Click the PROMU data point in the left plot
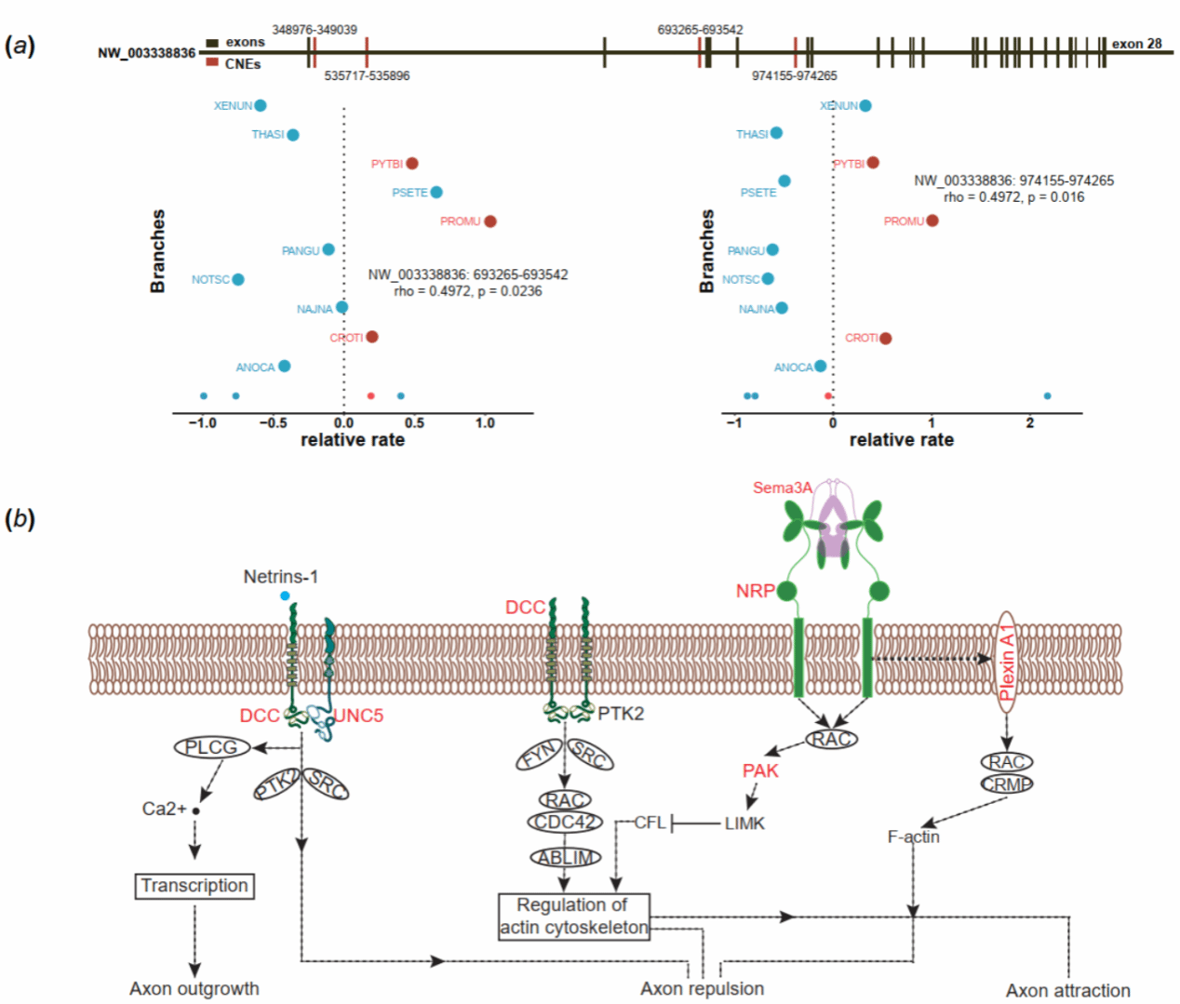[x=490, y=221]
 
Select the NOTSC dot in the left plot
[x=238, y=279]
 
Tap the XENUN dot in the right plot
[x=865, y=106]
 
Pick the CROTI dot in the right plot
[x=886, y=339]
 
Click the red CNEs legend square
[x=213, y=62]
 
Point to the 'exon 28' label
[x=1136, y=44]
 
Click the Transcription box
[x=194, y=886]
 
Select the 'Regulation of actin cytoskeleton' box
[x=573, y=917]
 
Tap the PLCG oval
[x=211, y=747]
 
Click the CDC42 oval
[x=565, y=823]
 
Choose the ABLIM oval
[x=566, y=858]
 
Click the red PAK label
[x=760, y=770]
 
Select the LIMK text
[x=744, y=823]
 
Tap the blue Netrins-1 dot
[x=285, y=596]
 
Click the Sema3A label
[x=782, y=488]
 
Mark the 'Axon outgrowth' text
[x=194, y=988]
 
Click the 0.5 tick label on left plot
[x=414, y=423]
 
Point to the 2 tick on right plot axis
[x=1030, y=423]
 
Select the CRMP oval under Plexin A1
[x=1007, y=784]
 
